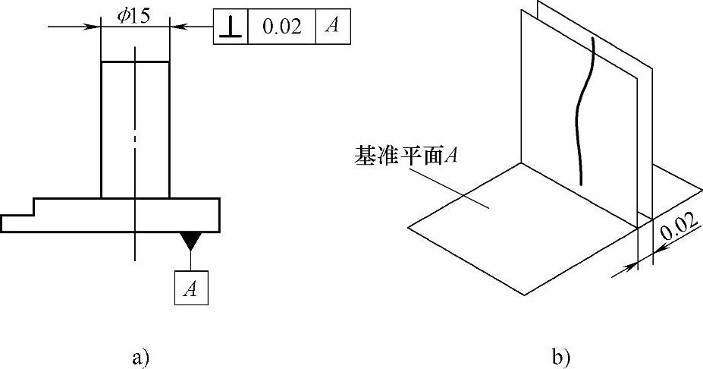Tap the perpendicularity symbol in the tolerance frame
point(231,27)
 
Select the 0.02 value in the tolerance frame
point(281,27)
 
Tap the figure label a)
point(137,354)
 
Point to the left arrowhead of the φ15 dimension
point(96,27)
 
